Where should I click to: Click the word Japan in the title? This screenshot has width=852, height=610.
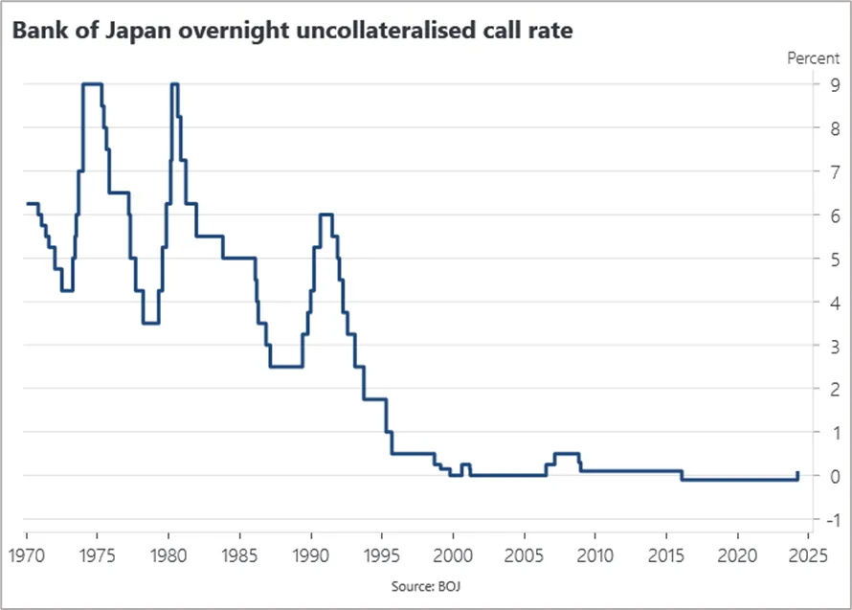point(138,31)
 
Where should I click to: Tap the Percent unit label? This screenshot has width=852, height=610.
point(813,58)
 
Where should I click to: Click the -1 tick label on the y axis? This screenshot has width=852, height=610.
point(833,520)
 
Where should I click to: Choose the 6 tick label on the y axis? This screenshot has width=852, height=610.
point(834,215)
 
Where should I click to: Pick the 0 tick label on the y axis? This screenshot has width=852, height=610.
point(834,476)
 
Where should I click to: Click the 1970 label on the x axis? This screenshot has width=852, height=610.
point(27,555)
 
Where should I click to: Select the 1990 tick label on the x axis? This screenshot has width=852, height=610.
point(311,555)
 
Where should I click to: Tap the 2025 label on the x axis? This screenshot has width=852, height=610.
point(809,555)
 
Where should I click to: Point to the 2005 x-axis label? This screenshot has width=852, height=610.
point(524,555)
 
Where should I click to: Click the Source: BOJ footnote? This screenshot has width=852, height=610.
point(426,586)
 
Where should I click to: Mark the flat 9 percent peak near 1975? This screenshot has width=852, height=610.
point(92,83)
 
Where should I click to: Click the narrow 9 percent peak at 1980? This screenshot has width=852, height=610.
point(174,83)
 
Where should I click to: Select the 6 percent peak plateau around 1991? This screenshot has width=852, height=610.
point(326,215)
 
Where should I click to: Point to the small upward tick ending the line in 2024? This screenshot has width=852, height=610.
point(797,476)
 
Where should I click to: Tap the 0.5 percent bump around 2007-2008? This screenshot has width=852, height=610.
point(567,453)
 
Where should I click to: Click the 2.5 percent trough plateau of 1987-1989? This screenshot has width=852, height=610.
point(286,367)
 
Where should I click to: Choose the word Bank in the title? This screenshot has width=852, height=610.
point(38,30)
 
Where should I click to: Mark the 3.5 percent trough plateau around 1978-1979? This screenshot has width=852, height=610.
point(150,323)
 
